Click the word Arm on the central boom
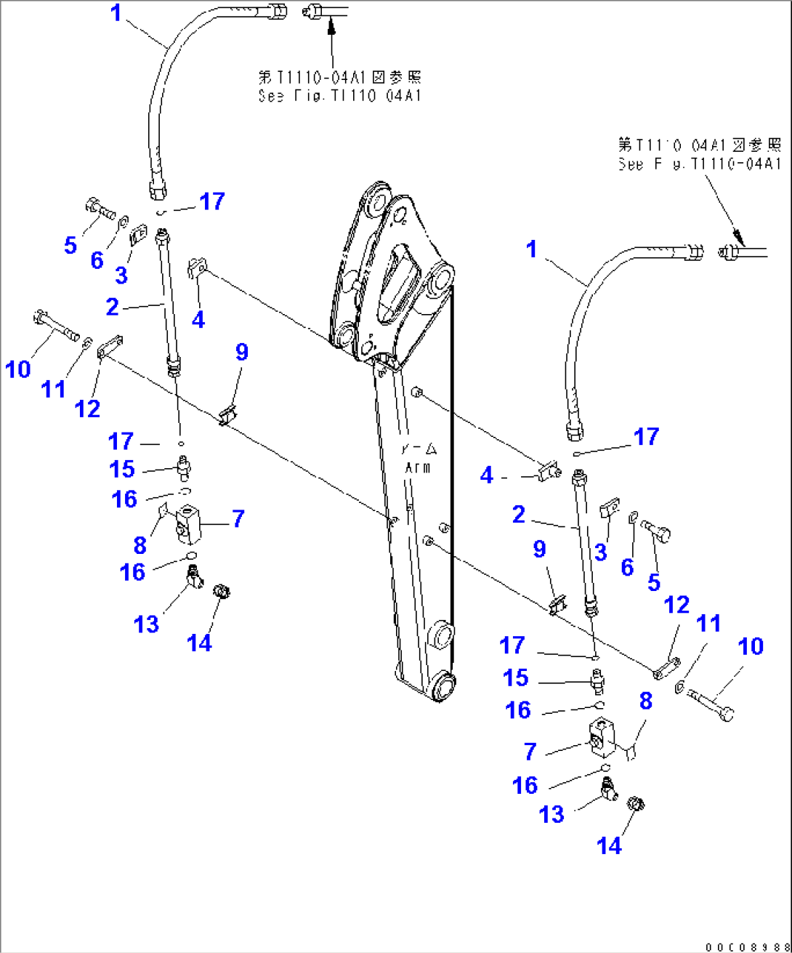tap(417, 467)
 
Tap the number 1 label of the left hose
tap(116, 13)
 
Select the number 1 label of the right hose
tap(532, 249)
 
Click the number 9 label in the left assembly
tap(242, 353)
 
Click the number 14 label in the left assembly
tap(199, 643)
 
